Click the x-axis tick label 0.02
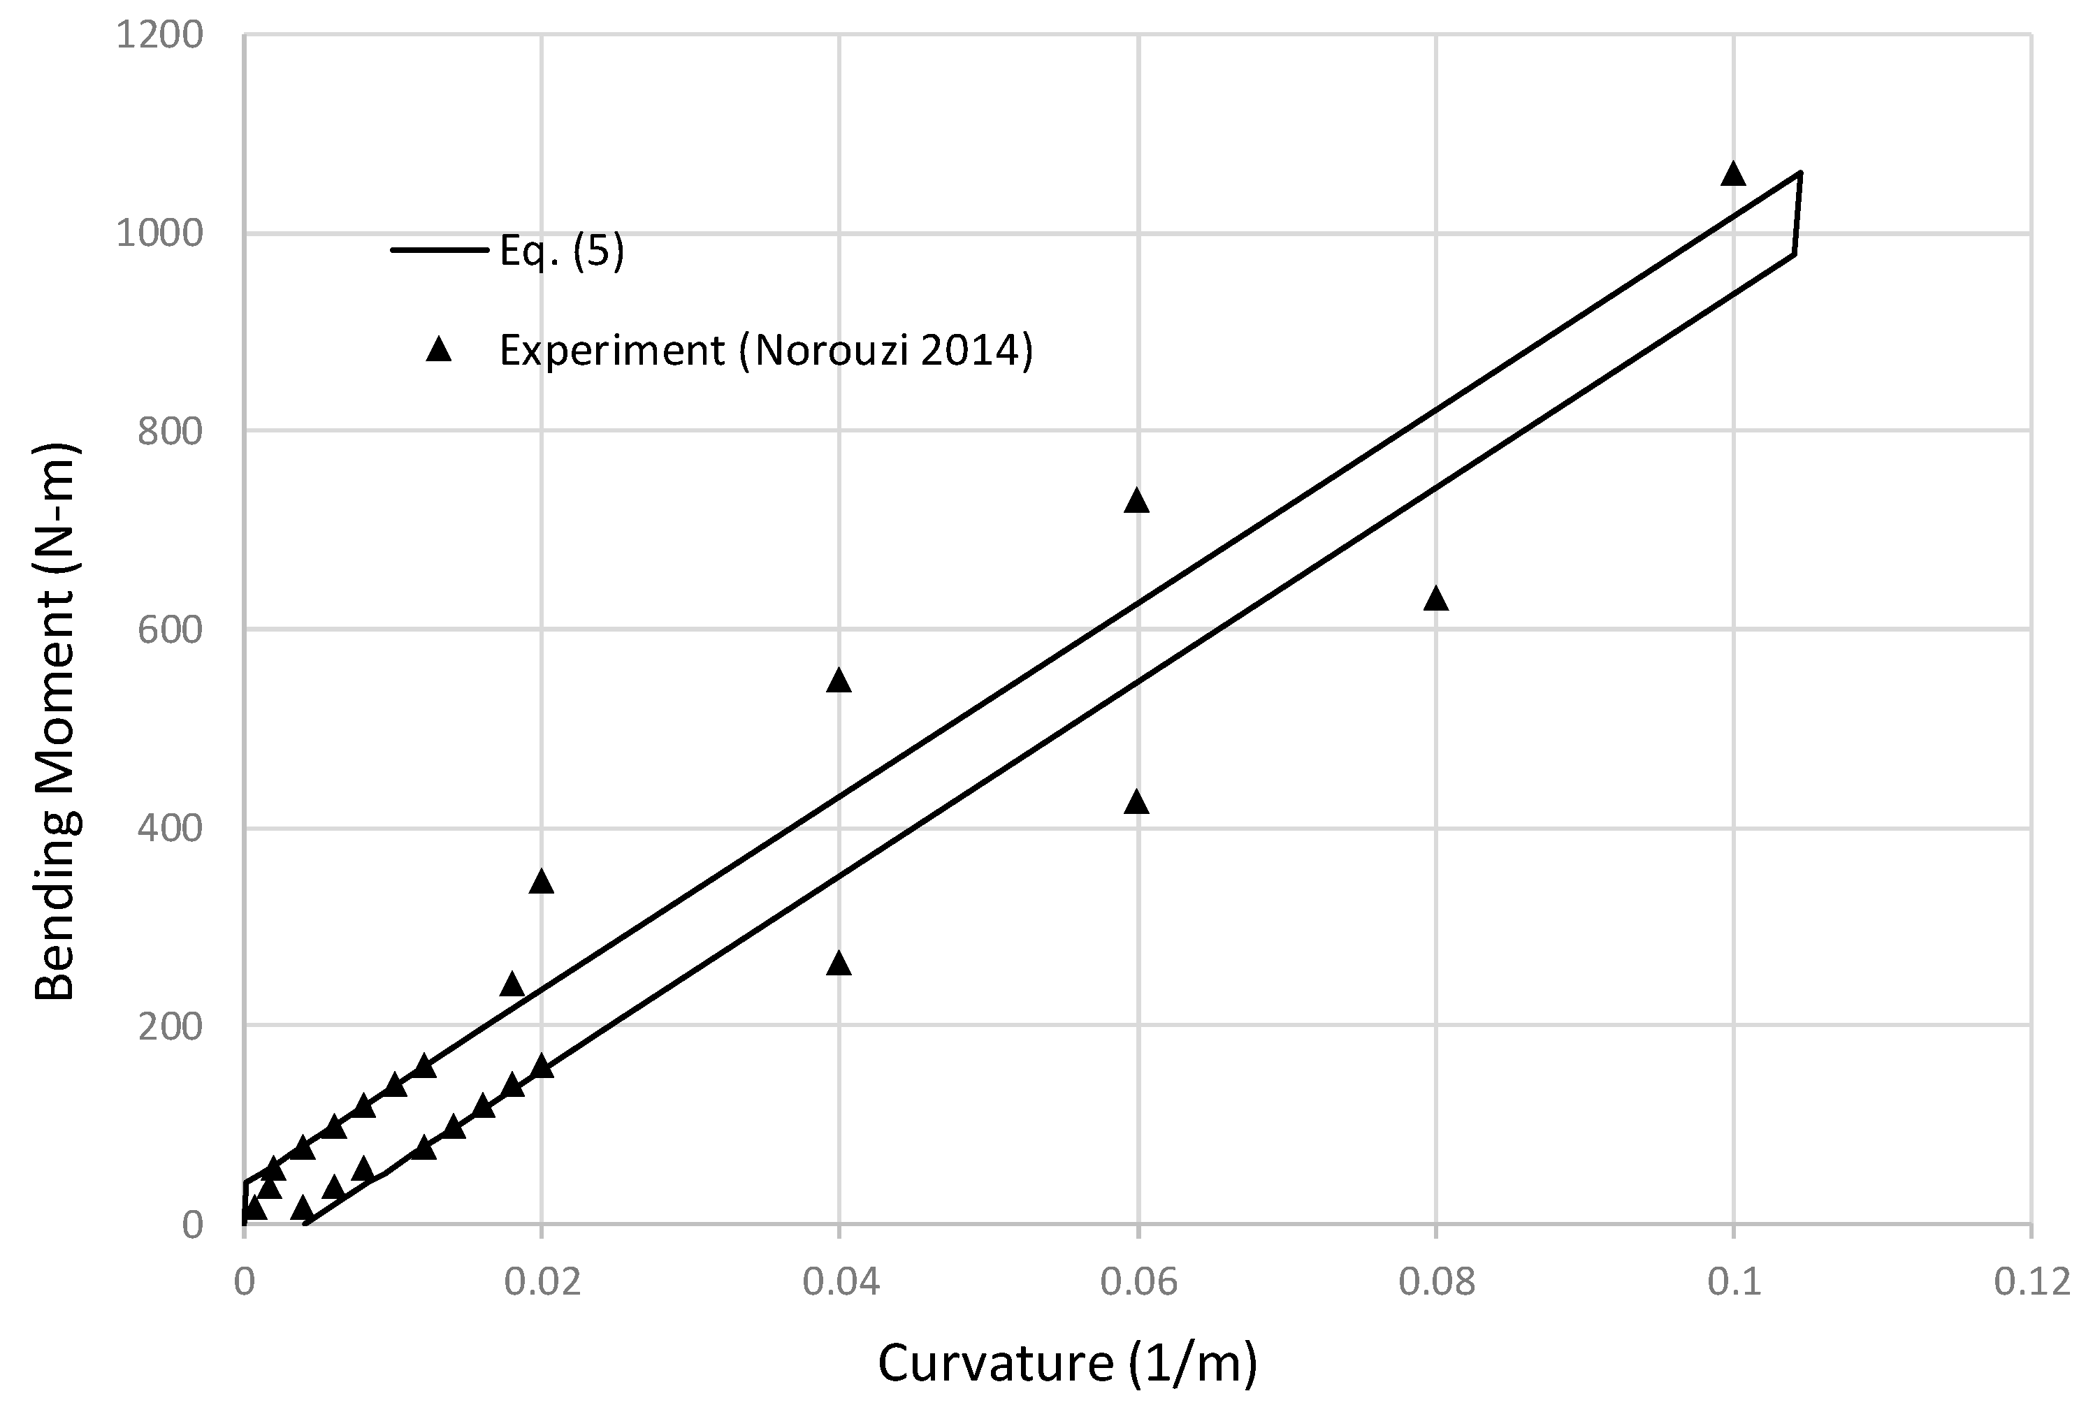coord(542,1283)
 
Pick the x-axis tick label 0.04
coord(840,1283)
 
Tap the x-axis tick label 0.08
coord(1436,1283)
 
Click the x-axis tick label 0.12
coord(2032,1283)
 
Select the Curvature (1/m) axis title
coord(1067,1362)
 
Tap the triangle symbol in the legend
coord(439,349)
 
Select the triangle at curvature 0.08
coord(1436,599)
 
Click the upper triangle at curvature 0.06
coord(1137,501)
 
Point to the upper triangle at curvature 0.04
coord(839,680)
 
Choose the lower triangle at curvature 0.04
coord(839,964)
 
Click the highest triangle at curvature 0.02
coord(542,882)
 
